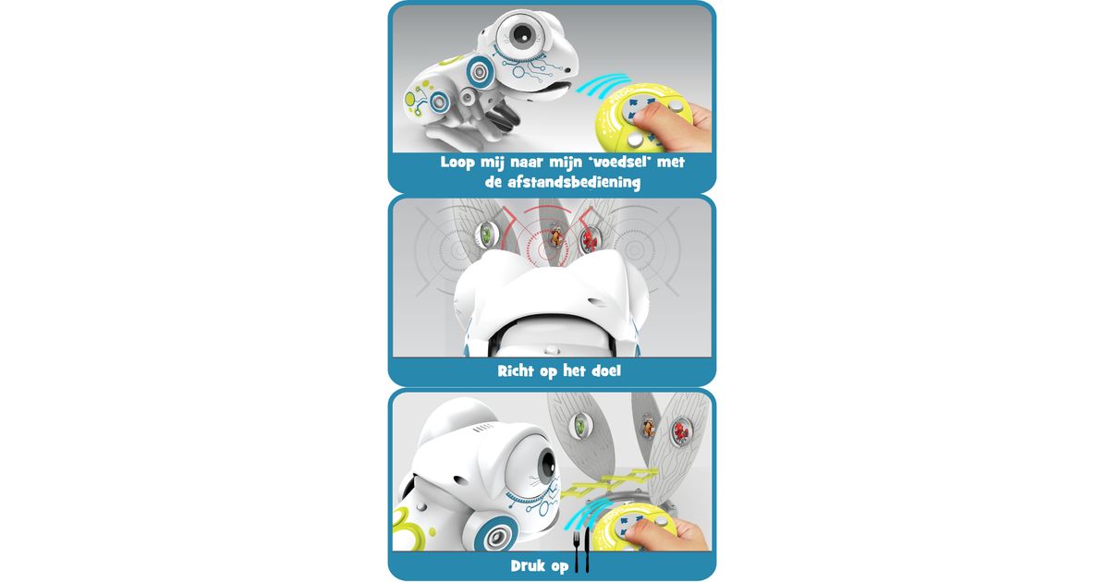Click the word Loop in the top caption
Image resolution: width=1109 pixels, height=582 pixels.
(457, 163)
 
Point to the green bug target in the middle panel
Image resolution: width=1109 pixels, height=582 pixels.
(487, 233)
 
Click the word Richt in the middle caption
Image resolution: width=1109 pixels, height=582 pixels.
(516, 370)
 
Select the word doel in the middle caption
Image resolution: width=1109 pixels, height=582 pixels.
(605, 370)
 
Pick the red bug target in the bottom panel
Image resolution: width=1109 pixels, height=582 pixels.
(682, 430)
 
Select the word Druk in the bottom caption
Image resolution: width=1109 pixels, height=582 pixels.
(528, 565)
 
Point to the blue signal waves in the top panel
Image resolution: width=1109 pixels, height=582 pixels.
(603, 86)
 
